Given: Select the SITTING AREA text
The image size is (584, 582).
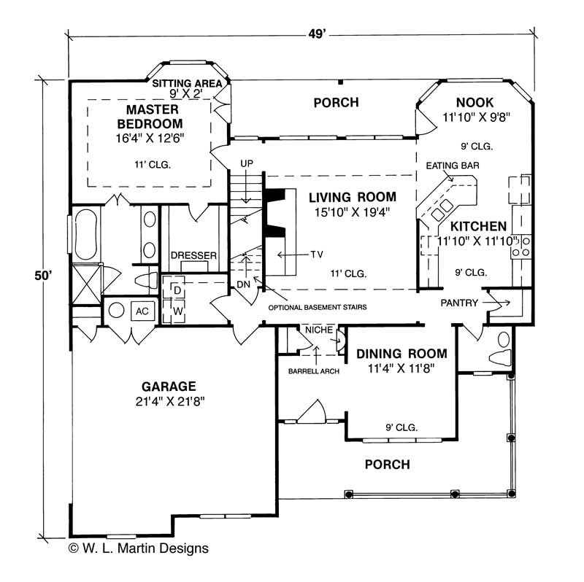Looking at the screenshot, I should click(x=186, y=84).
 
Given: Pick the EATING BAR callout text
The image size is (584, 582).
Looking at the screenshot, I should click(x=452, y=166).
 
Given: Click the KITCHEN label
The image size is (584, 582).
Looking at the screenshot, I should click(x=478, y=225).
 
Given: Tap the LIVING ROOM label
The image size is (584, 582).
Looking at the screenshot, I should click(x=352, y=197).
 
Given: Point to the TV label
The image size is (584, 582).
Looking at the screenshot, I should click(x=317, y=255).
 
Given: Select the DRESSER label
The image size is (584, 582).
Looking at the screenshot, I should click(x=193, y=255).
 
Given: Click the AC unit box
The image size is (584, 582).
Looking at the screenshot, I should click(x=142, y=311).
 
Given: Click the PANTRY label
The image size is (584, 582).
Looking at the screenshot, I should click(x=459, y=302).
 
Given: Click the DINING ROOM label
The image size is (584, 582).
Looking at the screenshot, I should click(x=401, y=354).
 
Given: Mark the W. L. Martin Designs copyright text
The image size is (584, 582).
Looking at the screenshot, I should click(x=139, y=547).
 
